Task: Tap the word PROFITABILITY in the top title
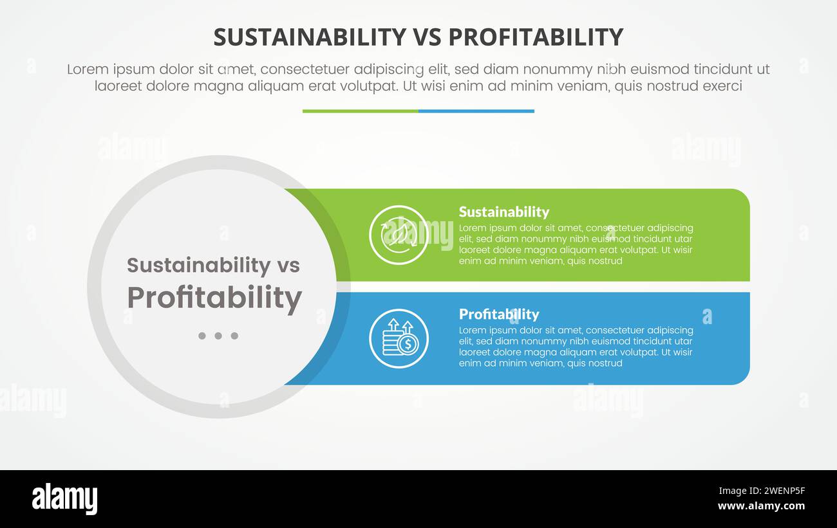(536, 37)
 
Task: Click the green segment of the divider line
(360, 111)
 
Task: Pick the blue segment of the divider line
(476, 111)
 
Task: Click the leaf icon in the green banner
(399, 235)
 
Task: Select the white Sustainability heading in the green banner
(503, 212)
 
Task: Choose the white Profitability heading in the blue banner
(498, 314)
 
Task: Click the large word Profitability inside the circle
(214, 298)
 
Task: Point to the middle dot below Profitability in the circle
(218, 336)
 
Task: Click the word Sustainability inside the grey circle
(198, 265)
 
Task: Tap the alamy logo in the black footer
(64, 499)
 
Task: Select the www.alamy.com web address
(761, 506)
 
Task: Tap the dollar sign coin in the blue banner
(408, 345)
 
